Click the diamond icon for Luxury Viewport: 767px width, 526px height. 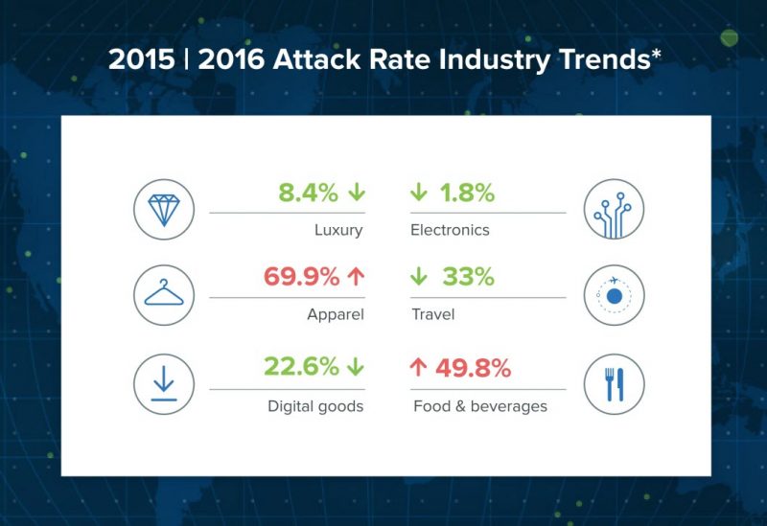[164, 210]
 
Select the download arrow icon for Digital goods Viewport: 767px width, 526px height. [164, 384]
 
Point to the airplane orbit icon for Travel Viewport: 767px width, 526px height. [614, 294]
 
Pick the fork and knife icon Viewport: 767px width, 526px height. [615, 384]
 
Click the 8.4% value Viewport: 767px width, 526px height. [308, 193]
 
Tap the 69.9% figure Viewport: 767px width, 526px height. [301, 277]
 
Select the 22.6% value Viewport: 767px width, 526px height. [301, 366]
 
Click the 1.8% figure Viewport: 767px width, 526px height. [467, 193]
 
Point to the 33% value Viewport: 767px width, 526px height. [468, 277]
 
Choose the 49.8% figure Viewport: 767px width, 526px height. [473, 368]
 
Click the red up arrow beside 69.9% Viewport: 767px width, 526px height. [356, 277]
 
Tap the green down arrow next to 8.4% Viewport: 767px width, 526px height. [357, 193]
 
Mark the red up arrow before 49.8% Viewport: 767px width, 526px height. [418, 367]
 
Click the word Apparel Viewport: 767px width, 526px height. [336, 314]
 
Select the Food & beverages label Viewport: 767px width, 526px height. [480, 406]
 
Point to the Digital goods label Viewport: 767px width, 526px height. [315, 406]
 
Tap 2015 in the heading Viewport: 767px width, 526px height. [141, 59]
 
